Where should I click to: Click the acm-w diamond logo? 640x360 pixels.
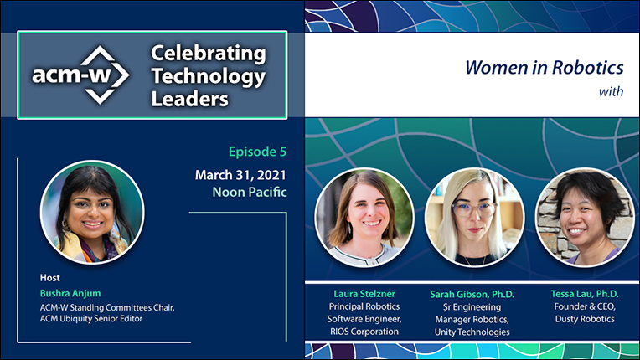[80, 75]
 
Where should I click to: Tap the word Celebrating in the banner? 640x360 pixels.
[208, 54]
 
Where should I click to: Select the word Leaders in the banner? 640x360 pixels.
[190, 99]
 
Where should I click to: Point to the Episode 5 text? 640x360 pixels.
[257, 152]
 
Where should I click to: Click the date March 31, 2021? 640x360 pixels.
[240, 175]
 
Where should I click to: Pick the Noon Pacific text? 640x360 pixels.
[250, 192]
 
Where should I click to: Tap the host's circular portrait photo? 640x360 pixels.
[92, 212]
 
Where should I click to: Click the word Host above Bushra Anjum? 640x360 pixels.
[49, 278]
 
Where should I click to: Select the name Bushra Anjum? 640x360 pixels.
[70, 293]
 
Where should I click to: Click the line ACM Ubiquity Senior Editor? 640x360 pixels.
[91, 319]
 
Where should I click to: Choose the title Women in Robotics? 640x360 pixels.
[545, 67]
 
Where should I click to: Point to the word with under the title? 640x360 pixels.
[611, 91]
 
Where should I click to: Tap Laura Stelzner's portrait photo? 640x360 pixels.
[364, 218]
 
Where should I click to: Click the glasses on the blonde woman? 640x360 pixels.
[474, 209]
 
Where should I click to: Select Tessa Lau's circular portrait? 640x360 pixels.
[585, 218]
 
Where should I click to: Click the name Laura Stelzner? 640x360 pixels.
[364, 294]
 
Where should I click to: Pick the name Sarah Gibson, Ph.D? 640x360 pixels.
[472, 294]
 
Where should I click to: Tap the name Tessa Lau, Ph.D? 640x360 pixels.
[585, 294]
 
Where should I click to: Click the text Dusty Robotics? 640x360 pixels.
[585, 319]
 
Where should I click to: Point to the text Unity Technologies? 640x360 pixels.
[472, 332]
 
